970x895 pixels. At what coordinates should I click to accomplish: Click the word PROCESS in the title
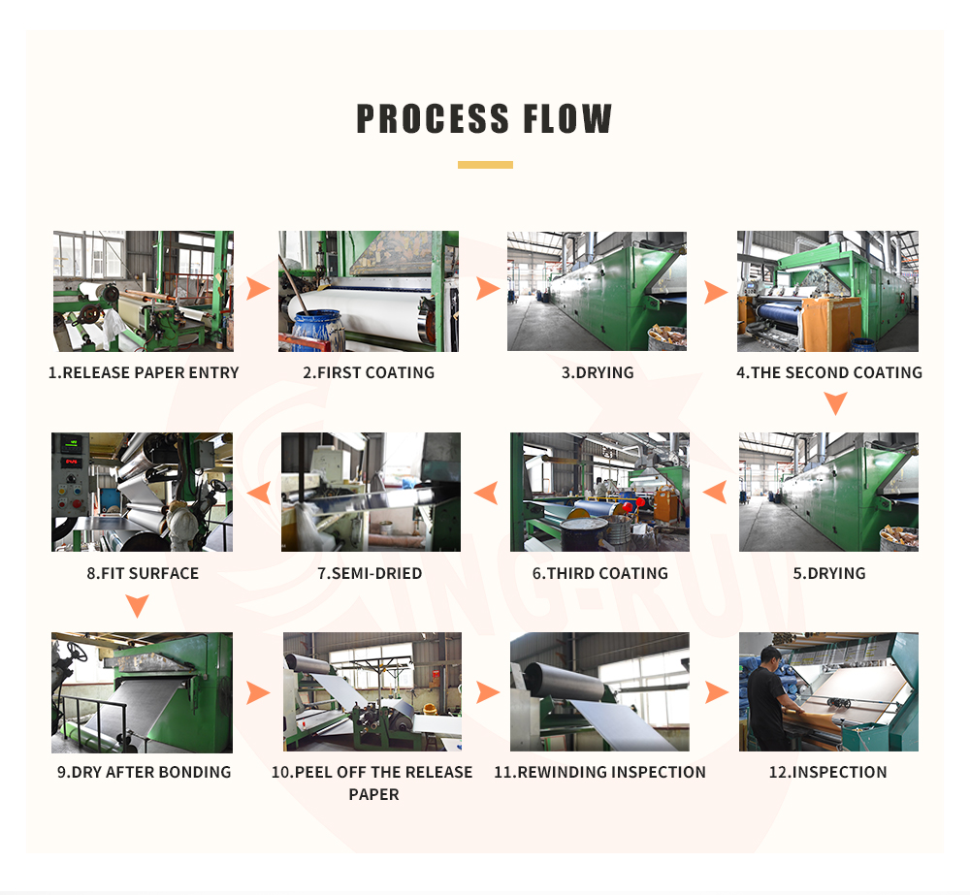point(434,118)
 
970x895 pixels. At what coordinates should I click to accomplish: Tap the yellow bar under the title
point(485,165)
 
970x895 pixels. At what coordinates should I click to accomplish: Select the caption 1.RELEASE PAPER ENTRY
point(144,372)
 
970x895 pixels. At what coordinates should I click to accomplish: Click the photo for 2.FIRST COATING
point(369,291)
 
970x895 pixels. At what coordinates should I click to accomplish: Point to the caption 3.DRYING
point(598,372)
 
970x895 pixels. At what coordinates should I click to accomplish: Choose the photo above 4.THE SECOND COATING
point(827,291)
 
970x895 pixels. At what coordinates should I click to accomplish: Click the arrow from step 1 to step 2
point(257,289)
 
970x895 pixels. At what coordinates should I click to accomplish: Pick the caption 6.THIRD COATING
point(600,573)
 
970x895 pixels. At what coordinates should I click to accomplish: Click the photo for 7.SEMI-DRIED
point(371,492)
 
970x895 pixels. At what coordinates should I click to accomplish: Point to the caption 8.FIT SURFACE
point(143,573)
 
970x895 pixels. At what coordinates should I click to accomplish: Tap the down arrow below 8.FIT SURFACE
point(139,606)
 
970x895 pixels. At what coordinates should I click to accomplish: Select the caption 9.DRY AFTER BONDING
point(144,772)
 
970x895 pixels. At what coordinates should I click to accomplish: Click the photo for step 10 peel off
point(372,691)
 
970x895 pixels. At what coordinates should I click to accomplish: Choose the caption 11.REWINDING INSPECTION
point(600,772)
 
